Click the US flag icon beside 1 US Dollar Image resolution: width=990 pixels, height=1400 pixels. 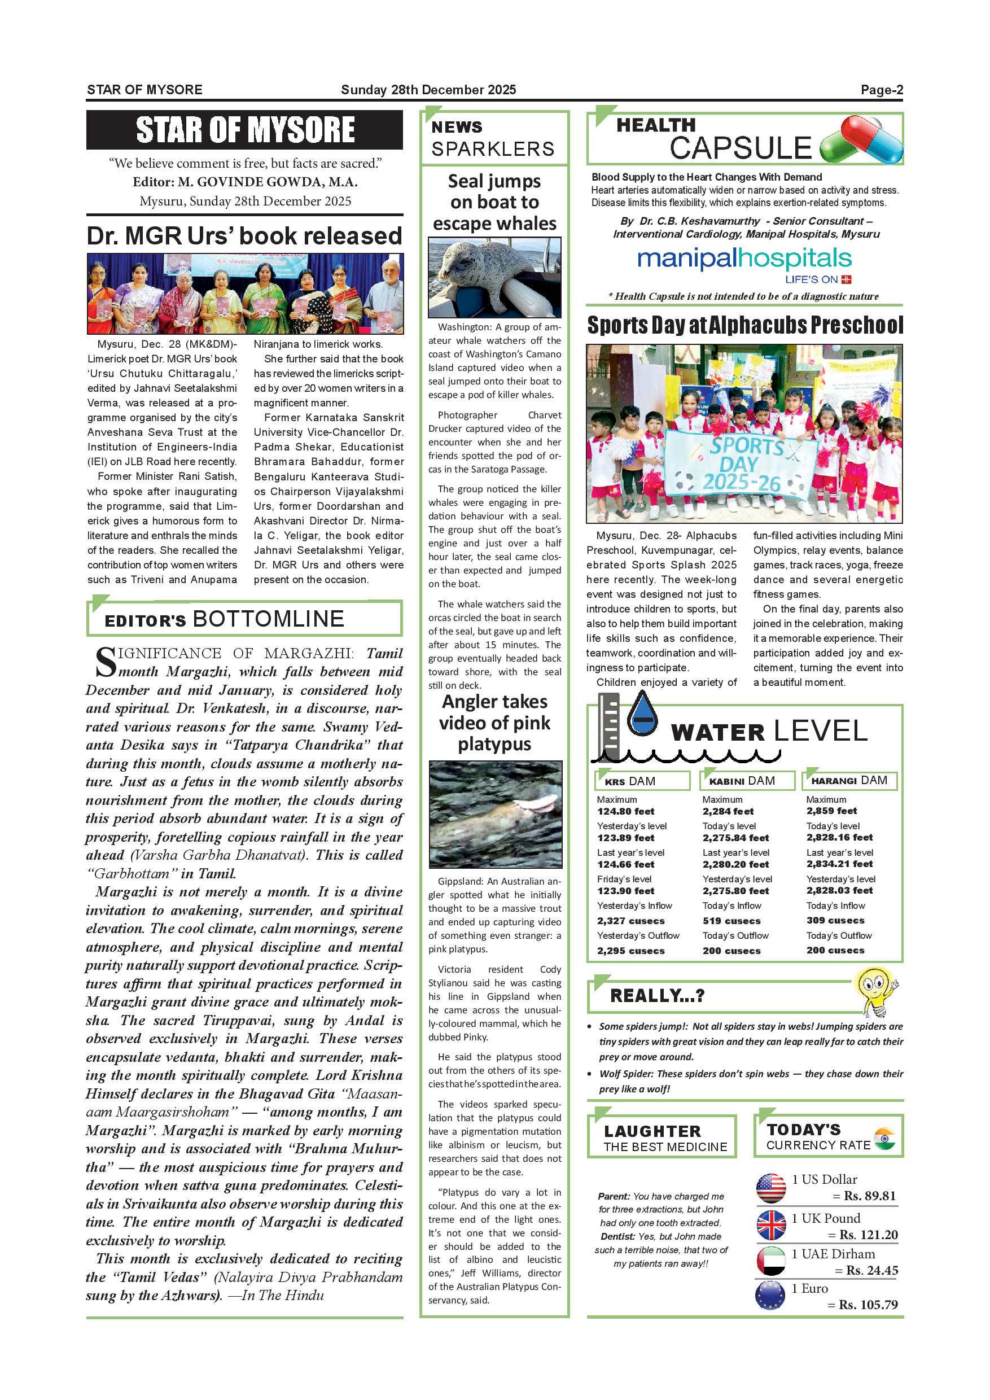(x=771, y=1188)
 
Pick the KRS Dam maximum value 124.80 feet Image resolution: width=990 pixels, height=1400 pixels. (x=625, y=812)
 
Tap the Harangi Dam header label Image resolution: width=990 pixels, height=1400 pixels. (x=849, y=781)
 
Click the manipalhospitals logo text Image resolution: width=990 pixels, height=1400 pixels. (x=744, y=259)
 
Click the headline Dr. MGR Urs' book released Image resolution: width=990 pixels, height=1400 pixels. (x=244, y=236)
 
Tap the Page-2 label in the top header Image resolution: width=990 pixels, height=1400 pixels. (x=882, y=90)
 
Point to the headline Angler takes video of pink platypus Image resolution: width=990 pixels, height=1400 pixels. (x=494, y=723)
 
